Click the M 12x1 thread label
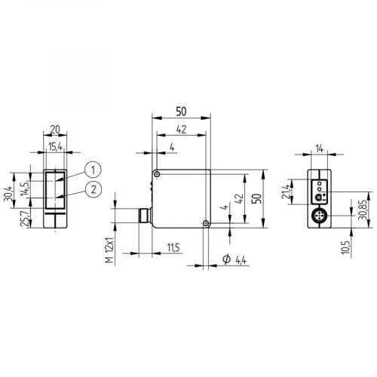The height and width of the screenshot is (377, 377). coord(109,248)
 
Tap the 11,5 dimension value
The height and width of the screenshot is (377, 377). coord(173,247)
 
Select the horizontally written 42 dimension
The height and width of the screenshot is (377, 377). coord(181,129)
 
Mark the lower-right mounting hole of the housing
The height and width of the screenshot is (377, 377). coord(205,222)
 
